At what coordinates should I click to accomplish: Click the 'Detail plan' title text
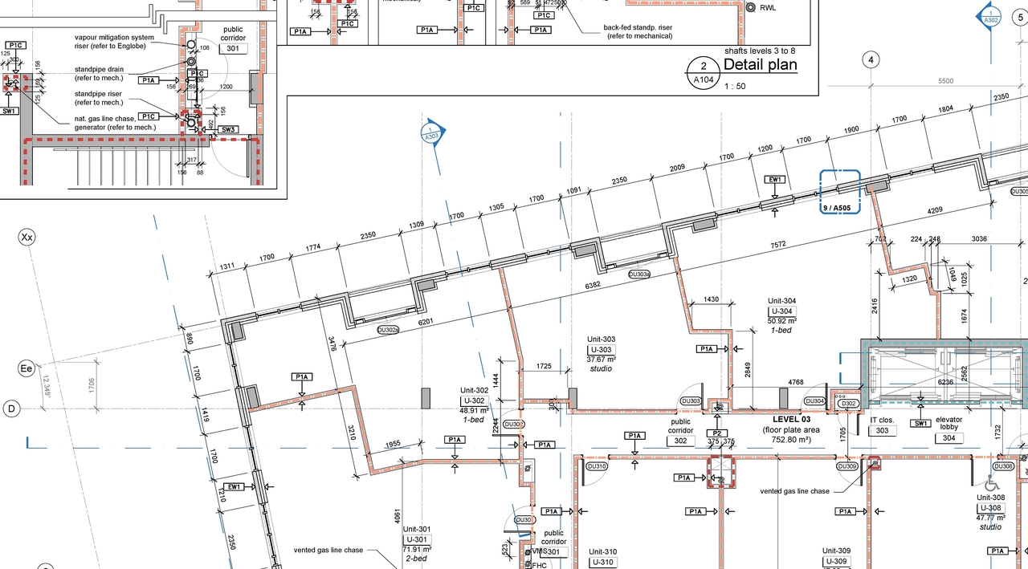pos(760,65)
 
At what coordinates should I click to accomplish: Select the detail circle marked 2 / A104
pos(704,73)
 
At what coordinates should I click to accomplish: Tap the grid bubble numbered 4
pos(871,59)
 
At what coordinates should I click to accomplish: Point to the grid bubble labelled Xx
pos(27,238)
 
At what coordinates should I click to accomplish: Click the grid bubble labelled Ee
pos(27,368)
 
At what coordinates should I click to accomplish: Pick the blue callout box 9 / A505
pos(839,193)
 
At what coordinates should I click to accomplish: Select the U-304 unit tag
pos(781,311)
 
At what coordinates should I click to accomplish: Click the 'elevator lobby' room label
pos(948,425)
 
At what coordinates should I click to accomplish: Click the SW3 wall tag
pos(228,129)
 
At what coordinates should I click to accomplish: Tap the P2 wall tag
pos(716,433)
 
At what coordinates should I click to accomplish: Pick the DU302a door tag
pos(388,329)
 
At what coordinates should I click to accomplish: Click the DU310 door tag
pos(597,466)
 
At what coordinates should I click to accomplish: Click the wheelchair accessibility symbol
pos(992,484)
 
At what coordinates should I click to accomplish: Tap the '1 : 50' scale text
pos(735,86)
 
